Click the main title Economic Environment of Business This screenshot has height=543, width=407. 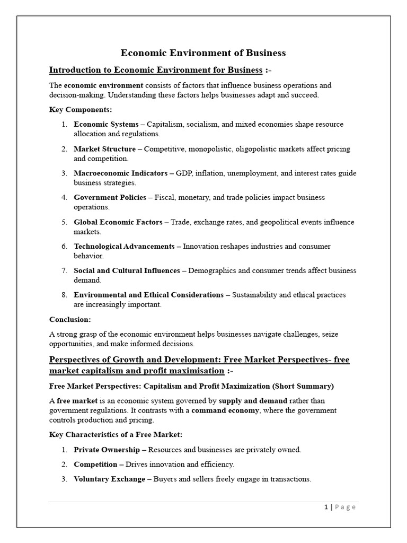click(203, 53)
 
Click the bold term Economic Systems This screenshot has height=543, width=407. click(106, 124)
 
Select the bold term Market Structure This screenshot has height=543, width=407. click(104, 149)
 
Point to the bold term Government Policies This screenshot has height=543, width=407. click(110, 198)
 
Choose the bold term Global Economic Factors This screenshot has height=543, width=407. click(118, 222)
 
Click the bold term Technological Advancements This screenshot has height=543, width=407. click(124, 247)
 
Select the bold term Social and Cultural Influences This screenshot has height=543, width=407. click(127, 271)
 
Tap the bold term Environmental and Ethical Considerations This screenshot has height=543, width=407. click(148, 295)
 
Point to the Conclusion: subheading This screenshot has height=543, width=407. click(70, 319)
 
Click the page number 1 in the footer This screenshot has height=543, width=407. click(326, 507)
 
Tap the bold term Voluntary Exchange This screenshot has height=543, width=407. click(109, 479)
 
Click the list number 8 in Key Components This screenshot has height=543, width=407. click(64, 295)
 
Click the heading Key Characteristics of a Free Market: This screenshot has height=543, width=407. click(116, 435)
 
